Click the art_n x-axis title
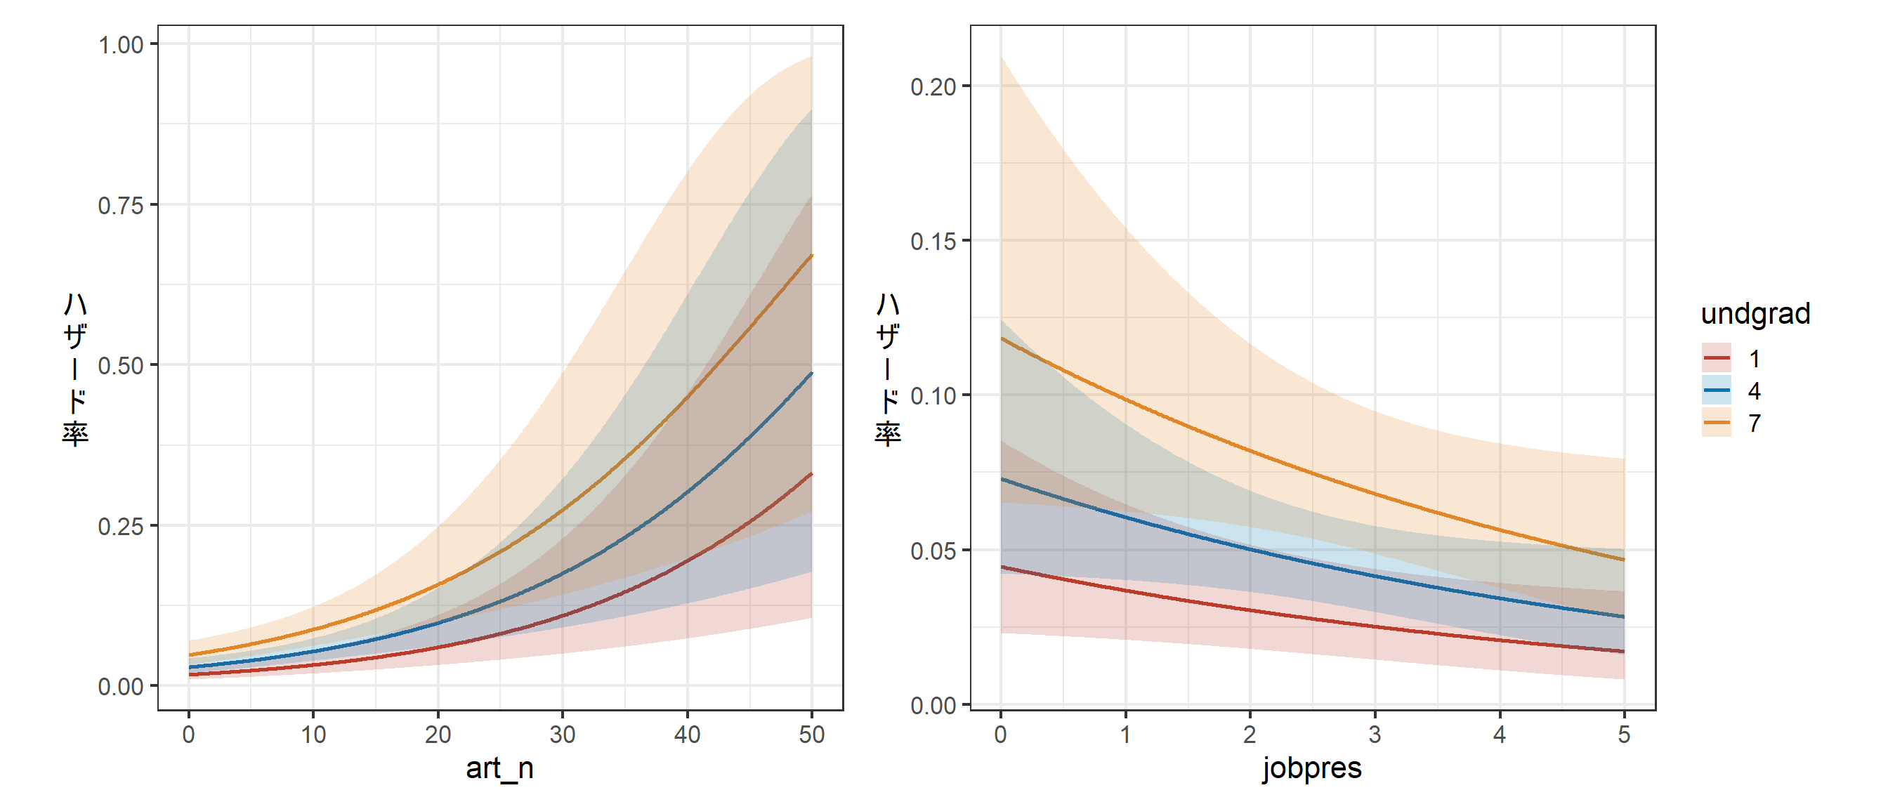pyautogui.click(x=499, y=768)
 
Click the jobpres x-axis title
pyautogui.click(x=1311, y=768)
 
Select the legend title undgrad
pyautogui.click(x=1755, y=314)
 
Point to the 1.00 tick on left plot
pyautogui.click(x=121, y=45)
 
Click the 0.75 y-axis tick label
pyautogui.click(x=121, y=205)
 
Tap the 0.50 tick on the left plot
pyautogui.click(x=121, y=366)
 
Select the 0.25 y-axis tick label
pyautogui.click(x=121, y=526)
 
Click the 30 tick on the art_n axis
pyautogui.click(x=562, y=735)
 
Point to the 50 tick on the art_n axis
pyautogui.click(x=811, y=735)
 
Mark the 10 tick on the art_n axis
pyautogui.click(x=313, y=735)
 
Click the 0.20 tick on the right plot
pyautogui.click(x=933, y=86)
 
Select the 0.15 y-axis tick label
pyautogui.click(x=933, y=241)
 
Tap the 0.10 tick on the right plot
pyautogui.click(x=933, y=395)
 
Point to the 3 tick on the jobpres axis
pyautogui.click(x=1375, y=735)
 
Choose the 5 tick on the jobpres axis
pyautogui.click(x=1623, y=735)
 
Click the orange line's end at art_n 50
pyautogui.click(x=811, y=255)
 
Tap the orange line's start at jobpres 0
pyautogui.click(x=1001, y=338)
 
